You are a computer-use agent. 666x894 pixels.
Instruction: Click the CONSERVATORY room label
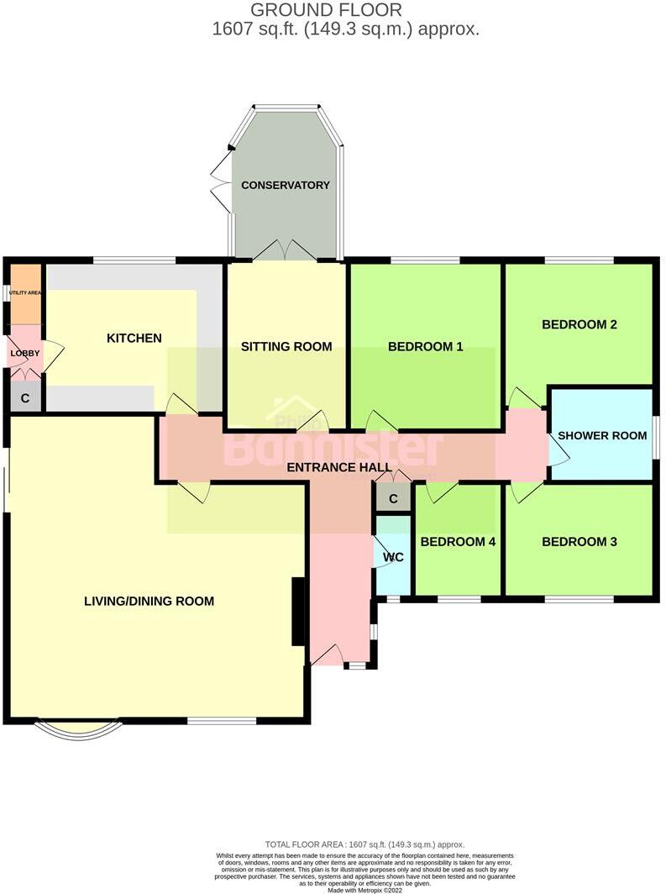pyautogui.click(x=286, y=185)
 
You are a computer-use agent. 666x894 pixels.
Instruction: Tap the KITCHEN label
pyautogui.click(x=134, y=338)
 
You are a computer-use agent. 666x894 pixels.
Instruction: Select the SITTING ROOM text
pyautogui.click(x=286, y=346)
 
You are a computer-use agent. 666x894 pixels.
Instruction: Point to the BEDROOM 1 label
pyautogui.click(x=425, y=346)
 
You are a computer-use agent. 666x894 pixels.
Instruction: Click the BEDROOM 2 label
pyautogui.click(x=579, y=324)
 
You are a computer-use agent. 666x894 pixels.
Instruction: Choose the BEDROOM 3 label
pyautogui.click(x=579, y=542)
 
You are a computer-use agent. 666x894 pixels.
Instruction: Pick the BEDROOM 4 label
pyautogui.click(x=458, y=542)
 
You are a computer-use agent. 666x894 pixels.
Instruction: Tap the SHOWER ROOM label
pyautogui.click(x=602, y=435)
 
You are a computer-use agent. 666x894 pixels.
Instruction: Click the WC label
pyautogui.click(x=393, y=557)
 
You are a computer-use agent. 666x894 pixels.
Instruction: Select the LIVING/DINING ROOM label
pyautogui.click(x=149, y=601)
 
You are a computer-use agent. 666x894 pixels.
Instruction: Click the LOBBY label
pyautogui.click(x=24, y=353)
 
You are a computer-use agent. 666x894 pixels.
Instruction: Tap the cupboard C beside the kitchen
pyautogui.click(x=25, y=397)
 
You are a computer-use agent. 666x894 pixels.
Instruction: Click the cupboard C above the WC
pyautogui.click(x=392, y=498)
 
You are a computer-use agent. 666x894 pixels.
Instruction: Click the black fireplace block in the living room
pyautogui.click(x=297, y=612)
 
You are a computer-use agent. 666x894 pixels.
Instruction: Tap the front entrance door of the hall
pyautogui.click(x=328, y=655)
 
